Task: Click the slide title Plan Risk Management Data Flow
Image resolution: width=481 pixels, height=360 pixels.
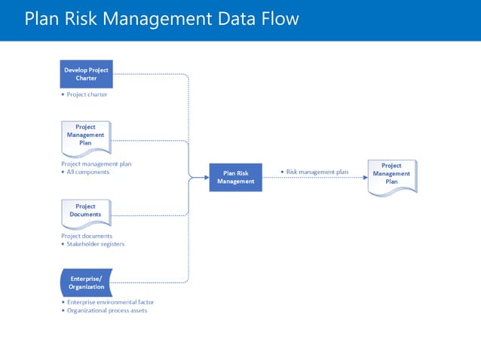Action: pos(161,18)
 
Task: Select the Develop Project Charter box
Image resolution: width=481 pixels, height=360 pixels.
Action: pos(86,74)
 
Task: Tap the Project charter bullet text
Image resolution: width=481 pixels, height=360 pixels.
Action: pos(86,95)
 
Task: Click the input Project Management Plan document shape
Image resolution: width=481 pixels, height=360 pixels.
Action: pos(86,136)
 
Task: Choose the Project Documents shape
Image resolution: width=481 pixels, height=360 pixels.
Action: pos(86,212)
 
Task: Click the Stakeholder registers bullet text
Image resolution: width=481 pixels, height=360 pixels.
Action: pos(95,244)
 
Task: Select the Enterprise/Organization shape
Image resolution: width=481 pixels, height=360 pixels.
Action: pos(86,282)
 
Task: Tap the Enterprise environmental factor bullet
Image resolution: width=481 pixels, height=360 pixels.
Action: pos(110,302)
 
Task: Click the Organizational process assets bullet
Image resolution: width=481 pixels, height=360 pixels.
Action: pos(106,310)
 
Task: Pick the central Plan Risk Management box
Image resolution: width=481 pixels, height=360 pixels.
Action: pos(235,177)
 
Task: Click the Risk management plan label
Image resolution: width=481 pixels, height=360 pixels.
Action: pos(317,172)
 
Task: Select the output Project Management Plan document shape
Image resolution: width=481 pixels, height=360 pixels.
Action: pos(391,175)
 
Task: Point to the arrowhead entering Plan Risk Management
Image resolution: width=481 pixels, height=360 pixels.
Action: pos(206,178)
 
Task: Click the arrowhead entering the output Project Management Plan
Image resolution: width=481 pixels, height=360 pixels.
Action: pos(364,178)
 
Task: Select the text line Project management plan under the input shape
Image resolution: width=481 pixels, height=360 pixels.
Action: pos(96,163)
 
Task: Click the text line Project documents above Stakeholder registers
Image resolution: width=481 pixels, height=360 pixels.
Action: pos(87,236)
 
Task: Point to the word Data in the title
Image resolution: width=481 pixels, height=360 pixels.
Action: pos(237,18)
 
